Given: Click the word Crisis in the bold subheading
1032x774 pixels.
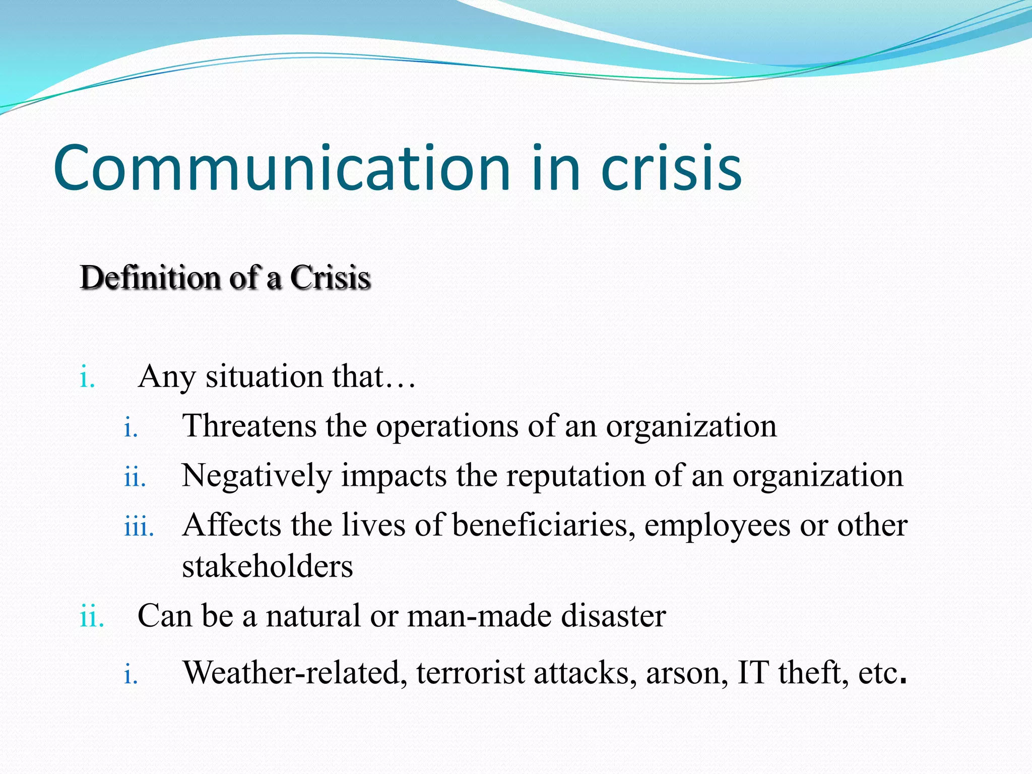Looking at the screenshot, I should coord(330,278).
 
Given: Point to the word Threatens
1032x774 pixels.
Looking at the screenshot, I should coord(249,426).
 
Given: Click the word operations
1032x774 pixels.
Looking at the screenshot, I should coord(447,426).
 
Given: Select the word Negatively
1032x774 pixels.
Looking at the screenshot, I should coord(256,476).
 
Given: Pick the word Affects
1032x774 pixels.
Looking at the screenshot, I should coord(232,526).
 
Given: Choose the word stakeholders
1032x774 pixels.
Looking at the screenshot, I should coord(267,566).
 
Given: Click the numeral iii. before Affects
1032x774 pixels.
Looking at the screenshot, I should coord(139,527).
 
